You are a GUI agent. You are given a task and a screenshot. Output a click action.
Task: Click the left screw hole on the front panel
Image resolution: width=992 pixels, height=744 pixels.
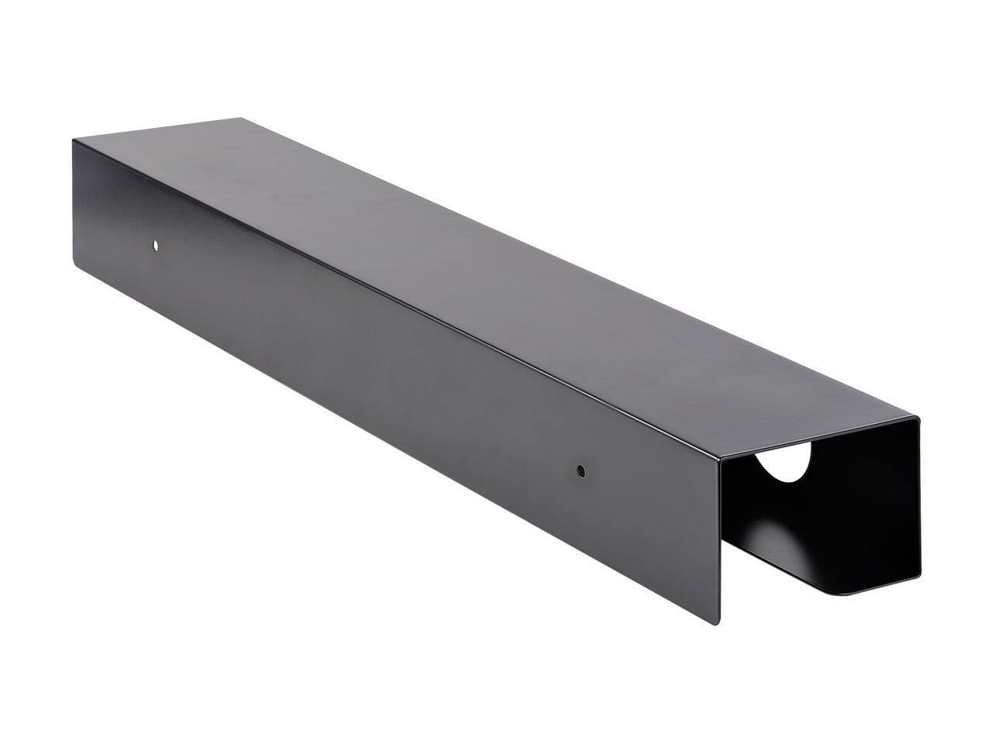(156, 245)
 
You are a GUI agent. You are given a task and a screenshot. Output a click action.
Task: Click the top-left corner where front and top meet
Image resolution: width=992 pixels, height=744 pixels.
(74, 139)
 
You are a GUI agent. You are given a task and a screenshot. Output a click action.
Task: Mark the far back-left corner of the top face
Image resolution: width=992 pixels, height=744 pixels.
(240, 119)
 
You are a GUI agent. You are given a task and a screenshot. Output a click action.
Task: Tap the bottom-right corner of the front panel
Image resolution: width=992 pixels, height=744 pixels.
(718, 624)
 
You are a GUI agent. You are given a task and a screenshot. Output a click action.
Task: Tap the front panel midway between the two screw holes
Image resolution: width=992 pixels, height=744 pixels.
(368, 357)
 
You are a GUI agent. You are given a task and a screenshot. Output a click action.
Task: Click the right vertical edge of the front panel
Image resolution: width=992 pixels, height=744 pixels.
(720, 542)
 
